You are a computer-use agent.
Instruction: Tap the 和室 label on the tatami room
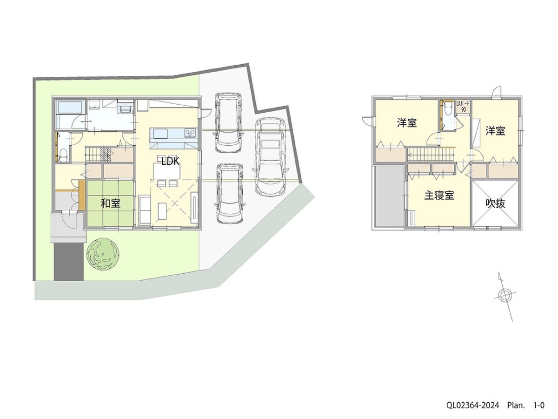coord(111,203)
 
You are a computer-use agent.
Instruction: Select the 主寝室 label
coord(439,196)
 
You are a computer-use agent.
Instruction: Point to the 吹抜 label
coord(496,203)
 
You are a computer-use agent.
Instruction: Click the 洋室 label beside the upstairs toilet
coord(407,123)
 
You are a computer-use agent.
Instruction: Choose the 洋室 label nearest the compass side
coord(496,131)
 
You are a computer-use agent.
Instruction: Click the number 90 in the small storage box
coord(464,108)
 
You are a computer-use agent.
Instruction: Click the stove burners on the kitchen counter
coord(190,134)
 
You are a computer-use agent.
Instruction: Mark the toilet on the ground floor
coord(63,155)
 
